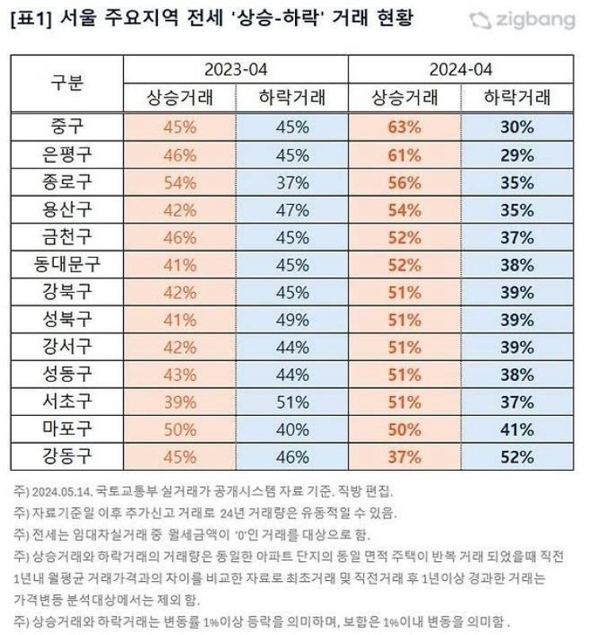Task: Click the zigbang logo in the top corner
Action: pos(523,21)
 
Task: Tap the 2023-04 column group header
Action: pos(236,69)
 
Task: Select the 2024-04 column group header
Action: pos(461,69)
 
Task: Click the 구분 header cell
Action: pos(67,83)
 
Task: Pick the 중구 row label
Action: pos(67,127)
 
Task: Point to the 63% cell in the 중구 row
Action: pos(404,127)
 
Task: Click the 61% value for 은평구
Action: pos(404,155)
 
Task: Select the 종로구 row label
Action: pos(67,182)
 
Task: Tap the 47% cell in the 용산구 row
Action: pos(293,210)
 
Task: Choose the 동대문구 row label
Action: pos(67,264)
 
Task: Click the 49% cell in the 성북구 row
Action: pos(293,320)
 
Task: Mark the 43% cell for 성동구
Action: pos(180,375)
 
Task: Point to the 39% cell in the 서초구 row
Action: pos(180,402)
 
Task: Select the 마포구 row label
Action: pos(67,429)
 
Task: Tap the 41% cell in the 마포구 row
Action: pos(517,429)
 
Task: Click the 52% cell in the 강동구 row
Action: pos(517,457)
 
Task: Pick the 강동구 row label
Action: pos(67,456)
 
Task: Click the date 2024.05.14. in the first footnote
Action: pos(63,491)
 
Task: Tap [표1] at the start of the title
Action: pos(32,19)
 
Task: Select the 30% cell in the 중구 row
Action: pos(517,127)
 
